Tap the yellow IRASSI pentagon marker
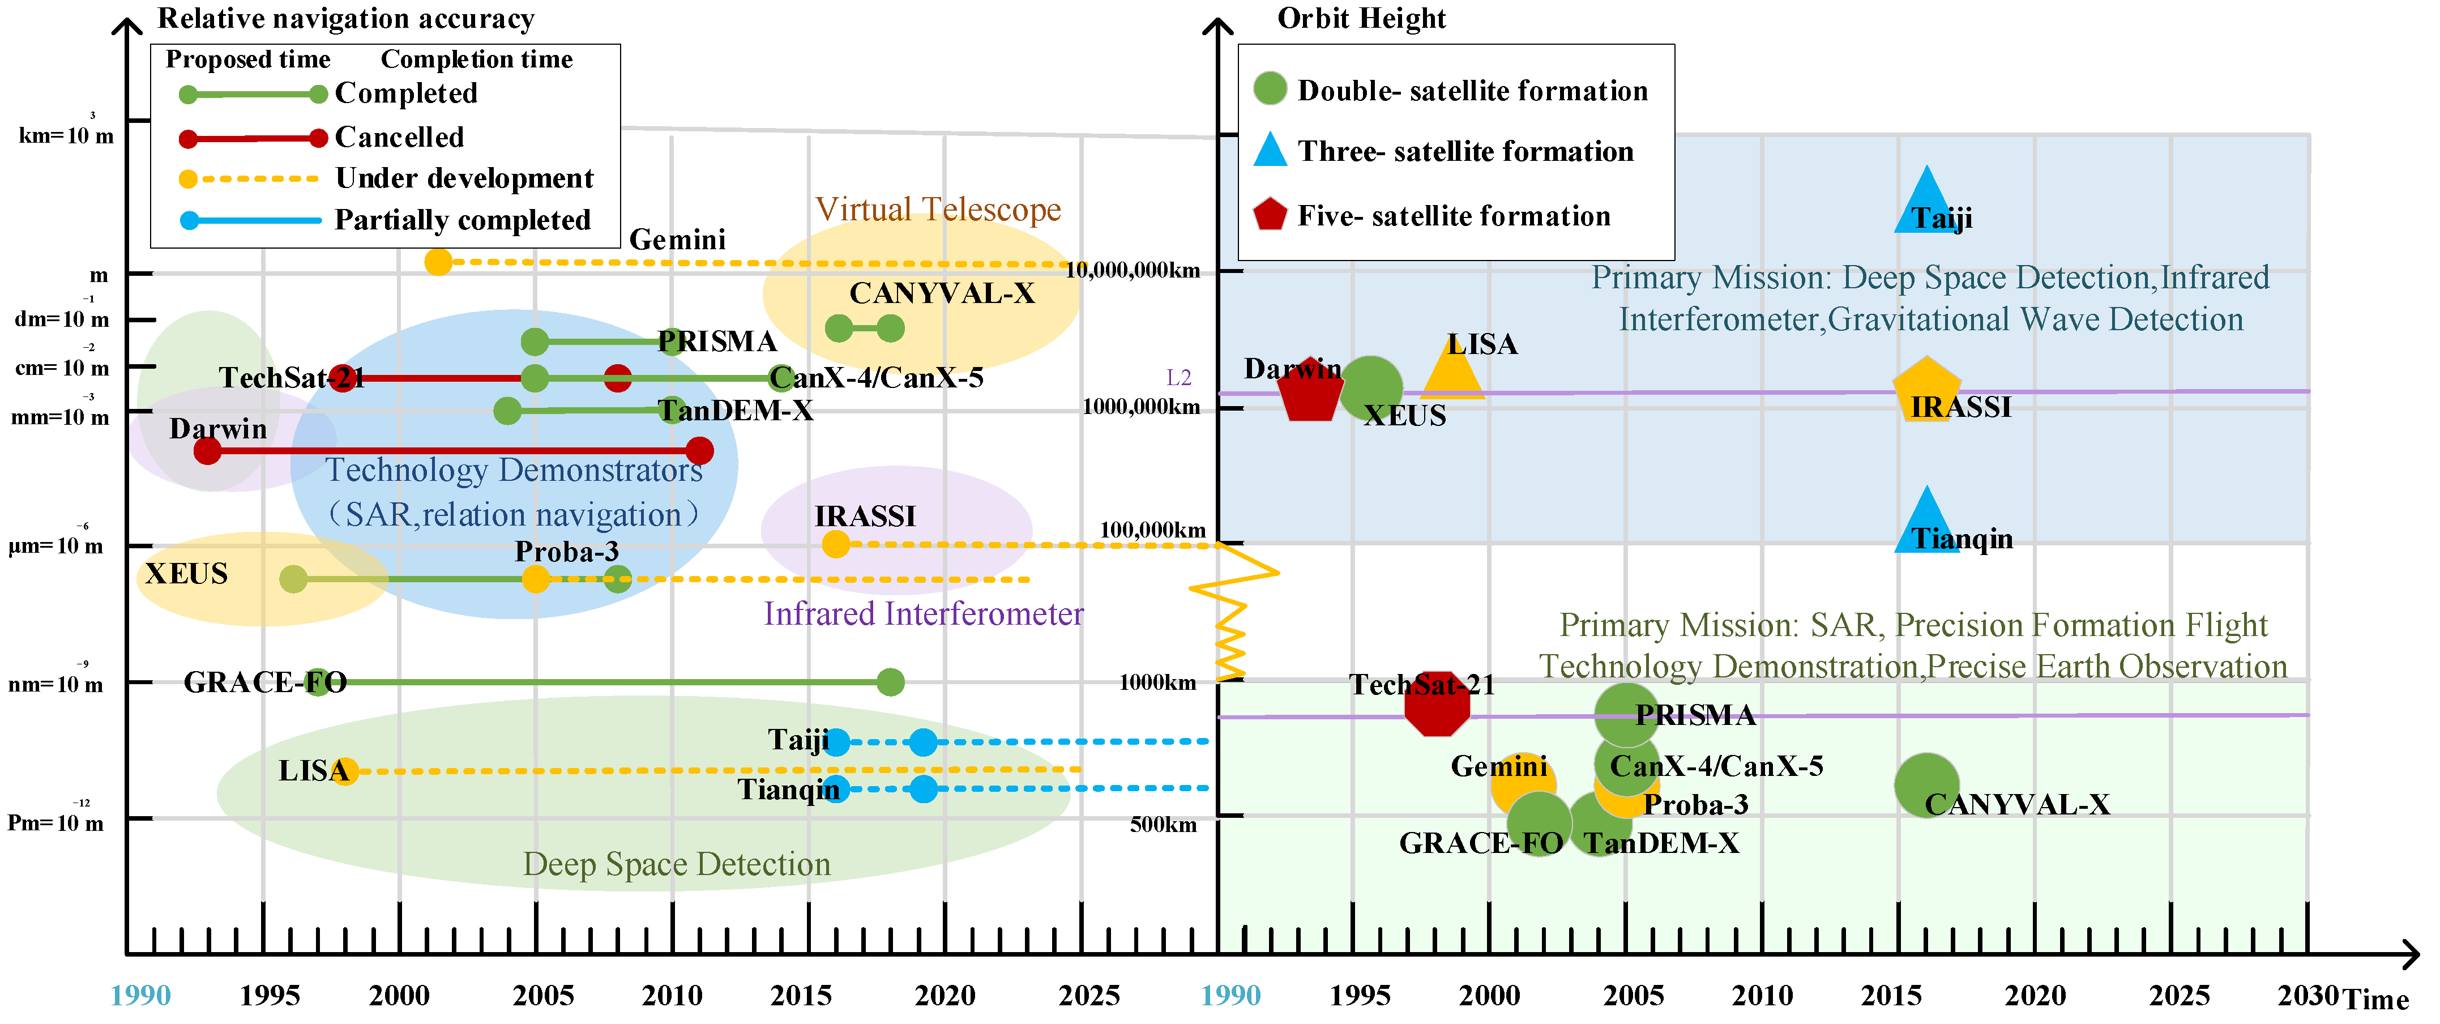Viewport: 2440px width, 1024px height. pyautogui.click(x=1926, y=389)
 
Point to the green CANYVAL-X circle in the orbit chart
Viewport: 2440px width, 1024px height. pyautogui.click(x=1926, y=784)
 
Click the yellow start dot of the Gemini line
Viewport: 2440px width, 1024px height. pyautogui.click(x=438, y=262)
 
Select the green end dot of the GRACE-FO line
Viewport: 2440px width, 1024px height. pyautogui.click(x=890, y=681)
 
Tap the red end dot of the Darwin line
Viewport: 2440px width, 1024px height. pyautogui.click(x=699, y=451)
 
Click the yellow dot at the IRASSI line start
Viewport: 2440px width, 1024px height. pyautogui.click(x=835, y=544)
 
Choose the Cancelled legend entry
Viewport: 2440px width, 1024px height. pyautogui.click(x=399, y=138)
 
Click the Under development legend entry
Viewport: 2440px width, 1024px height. pyautogui.click(x=464, y=178)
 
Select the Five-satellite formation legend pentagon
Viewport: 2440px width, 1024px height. pyautogui.click(x=1269, y=215)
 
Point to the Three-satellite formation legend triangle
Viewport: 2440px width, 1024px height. pyautogui.click(x=1269, y=151)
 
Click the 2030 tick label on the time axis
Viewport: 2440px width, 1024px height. pyautogui.click(x=2307, y=996)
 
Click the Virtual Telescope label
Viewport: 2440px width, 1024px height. pyautogui.click(x=938, y=210)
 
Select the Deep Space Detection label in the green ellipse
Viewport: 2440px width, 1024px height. pyautogui.click(x=676, y=864)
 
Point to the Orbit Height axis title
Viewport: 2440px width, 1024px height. pyautogui.click(x=1361, y=18)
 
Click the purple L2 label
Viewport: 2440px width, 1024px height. pyautogui.click(x=1178, y=378)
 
